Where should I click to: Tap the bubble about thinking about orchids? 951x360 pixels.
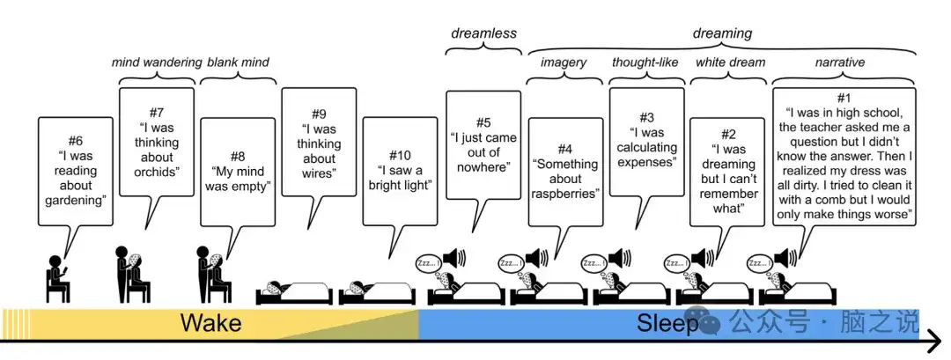(156, 141)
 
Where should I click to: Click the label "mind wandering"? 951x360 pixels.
(156, 62)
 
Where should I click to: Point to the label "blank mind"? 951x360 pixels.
(238, 62)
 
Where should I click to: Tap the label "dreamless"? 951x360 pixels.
(483, 33)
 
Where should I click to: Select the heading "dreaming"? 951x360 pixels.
(722, 33)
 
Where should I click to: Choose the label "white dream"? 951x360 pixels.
(730, 62)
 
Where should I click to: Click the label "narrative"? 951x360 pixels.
(840, 62)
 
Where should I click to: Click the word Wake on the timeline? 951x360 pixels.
(210, 324)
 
